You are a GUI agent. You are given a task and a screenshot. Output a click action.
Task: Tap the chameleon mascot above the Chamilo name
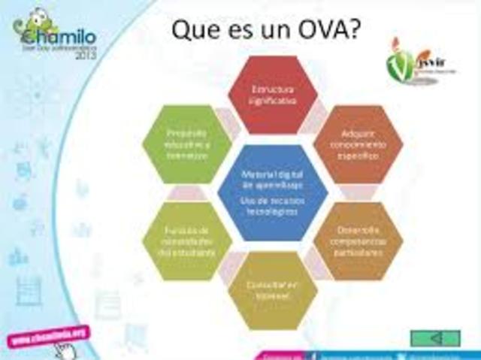coord(37,17)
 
